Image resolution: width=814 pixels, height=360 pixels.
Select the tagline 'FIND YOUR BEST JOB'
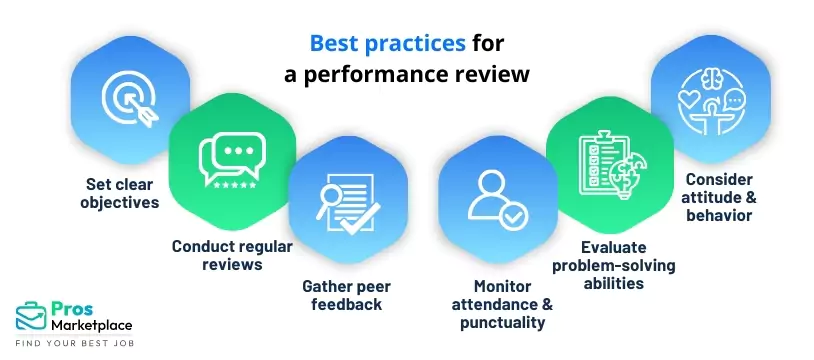pyautogui.click(x=76, y=343)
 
